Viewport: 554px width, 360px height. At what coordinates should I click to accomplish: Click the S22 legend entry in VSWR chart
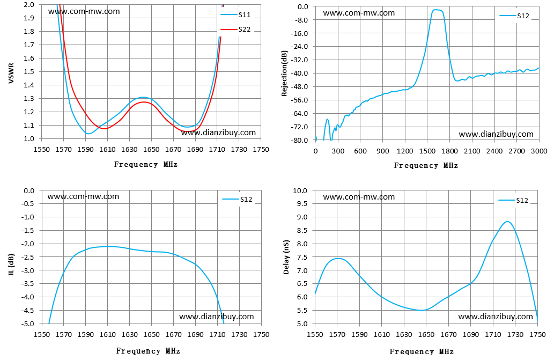point(235,30)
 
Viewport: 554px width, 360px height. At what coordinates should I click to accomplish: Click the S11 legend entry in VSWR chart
point(235,14)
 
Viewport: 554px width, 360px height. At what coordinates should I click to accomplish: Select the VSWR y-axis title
point(11,74)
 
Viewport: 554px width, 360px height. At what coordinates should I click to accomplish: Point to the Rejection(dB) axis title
point(284,74)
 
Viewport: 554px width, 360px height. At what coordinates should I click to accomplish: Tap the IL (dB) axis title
point(11,265)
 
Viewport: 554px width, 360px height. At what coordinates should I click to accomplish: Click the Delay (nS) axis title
point(286,257)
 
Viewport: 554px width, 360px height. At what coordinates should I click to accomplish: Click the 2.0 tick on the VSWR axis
point(29,5)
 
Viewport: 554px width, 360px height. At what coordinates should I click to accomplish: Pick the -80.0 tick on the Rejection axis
point(301,140)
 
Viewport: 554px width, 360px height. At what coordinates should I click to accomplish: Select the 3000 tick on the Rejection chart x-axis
point(539,151)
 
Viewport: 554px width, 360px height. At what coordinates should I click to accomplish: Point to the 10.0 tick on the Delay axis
point(300,191)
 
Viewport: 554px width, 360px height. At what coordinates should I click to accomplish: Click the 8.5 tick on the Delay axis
point(302,231)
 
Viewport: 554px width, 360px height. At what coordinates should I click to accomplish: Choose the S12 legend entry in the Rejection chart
point(514,16)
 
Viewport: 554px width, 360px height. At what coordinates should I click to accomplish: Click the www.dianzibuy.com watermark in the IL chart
point(217,317)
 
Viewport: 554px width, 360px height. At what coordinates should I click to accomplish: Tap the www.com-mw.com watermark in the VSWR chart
point(84,11)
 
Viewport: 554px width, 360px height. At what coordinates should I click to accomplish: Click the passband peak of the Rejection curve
point(435,10)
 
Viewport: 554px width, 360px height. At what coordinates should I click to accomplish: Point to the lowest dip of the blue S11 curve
point(88,134)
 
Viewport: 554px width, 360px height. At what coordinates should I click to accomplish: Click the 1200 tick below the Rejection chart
point(404,151)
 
